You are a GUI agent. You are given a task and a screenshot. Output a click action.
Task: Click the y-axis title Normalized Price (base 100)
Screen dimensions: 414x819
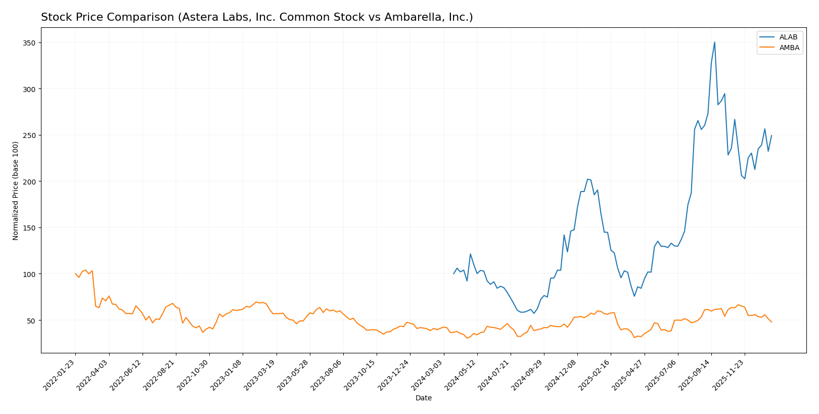16,191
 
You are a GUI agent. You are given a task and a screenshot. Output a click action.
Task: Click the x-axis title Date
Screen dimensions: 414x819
424,398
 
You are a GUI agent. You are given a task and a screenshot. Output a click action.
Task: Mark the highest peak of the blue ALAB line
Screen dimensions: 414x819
714,42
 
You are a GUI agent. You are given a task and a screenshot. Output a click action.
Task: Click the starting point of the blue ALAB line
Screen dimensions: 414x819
453,274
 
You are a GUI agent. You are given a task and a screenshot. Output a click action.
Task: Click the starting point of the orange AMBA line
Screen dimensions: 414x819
75,274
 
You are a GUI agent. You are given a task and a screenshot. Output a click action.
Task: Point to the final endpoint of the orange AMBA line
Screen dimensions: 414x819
771,322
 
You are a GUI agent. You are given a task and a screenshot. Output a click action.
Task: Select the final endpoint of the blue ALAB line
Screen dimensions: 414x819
771,135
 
